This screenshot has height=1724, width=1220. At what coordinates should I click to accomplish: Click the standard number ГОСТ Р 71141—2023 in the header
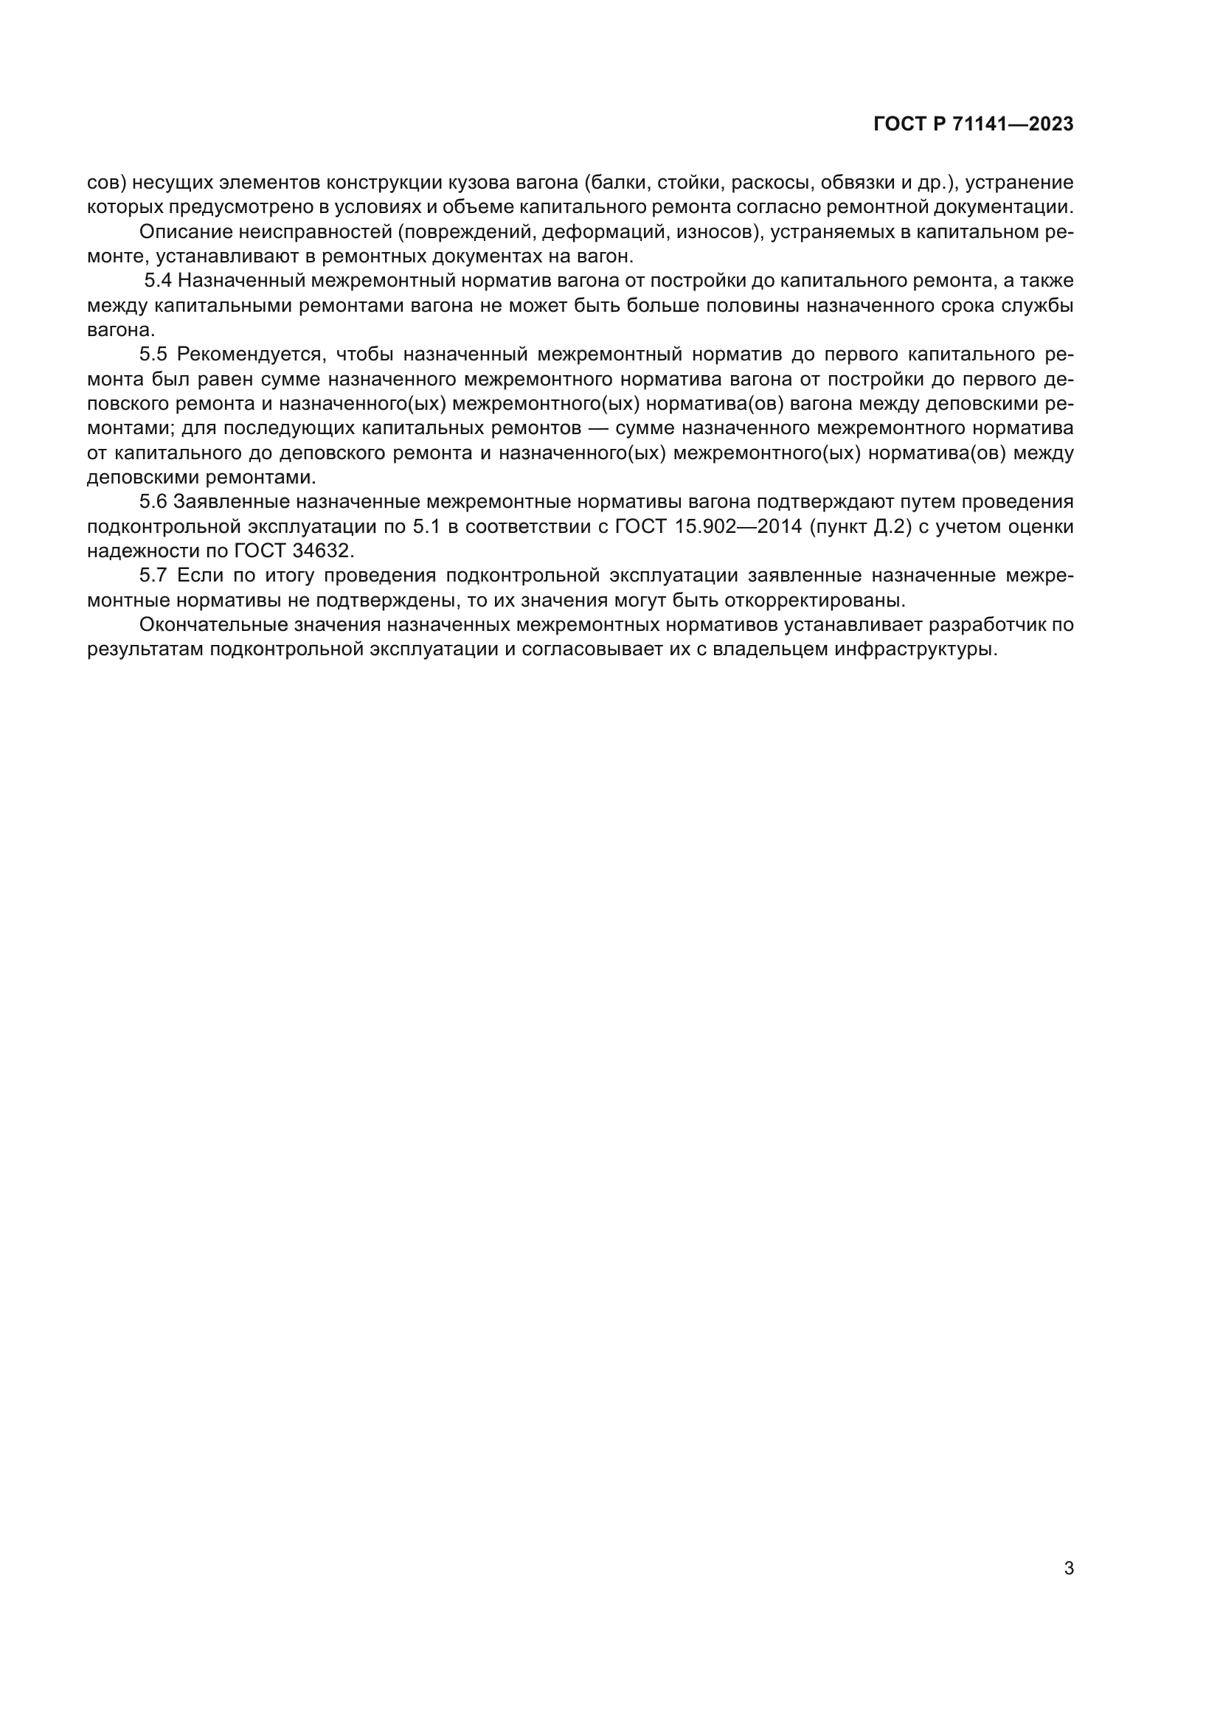point(974,125)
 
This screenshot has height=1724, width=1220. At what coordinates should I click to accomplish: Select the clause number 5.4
point(158,281)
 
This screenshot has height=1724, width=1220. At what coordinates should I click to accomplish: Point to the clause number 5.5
point(153,355)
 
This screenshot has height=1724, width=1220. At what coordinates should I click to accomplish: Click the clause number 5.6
point(153,502)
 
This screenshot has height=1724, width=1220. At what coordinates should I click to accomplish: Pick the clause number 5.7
point(153,575)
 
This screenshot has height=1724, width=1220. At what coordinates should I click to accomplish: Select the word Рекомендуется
point(252,355)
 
